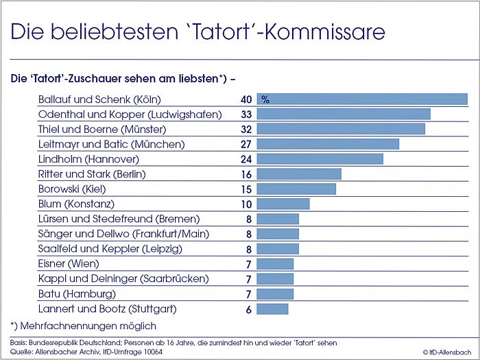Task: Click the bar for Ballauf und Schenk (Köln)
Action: click(362, 99)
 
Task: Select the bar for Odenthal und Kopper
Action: click(344, 114)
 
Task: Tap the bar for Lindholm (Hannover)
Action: click(320, 159)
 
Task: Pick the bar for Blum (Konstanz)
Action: click(283, 204)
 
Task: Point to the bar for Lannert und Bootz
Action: click(272, 309)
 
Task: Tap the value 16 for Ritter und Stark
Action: click(247, 174)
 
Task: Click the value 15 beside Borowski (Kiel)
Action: click(247, 189)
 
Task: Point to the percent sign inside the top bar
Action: click(265, 100)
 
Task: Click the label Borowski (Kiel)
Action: click(76, 189)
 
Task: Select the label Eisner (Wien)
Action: click(69, 263)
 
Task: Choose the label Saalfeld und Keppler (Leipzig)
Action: click(110, 249)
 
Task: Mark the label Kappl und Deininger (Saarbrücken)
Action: click(123, 278)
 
